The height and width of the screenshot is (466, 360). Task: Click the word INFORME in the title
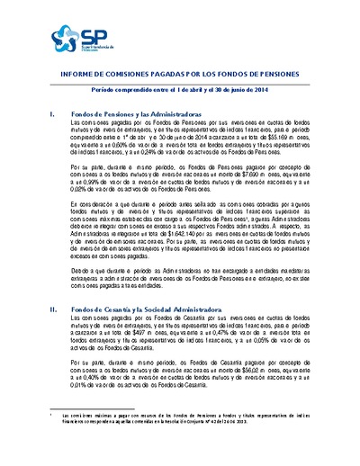[x=75, y=76]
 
